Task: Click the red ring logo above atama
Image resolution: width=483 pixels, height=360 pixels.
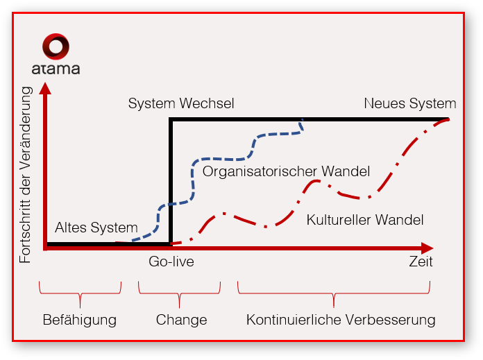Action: tap(56, 47)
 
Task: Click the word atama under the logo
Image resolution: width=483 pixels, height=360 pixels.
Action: tap(56, 69)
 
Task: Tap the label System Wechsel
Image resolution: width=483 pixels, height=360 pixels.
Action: tap(181, 103)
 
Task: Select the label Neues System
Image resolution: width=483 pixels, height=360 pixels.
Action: tap(410, 103)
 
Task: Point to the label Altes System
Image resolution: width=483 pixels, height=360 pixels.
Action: tap(96, 227)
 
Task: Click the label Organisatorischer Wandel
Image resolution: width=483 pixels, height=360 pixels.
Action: tap(286, 171)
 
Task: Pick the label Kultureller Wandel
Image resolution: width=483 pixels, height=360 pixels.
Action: tap(365, 220)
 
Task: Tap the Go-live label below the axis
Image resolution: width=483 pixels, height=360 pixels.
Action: tap(171, 262)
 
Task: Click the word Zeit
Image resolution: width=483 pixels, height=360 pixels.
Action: tap(421, 262)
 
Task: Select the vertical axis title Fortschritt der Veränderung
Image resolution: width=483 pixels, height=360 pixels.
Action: tap(26, 174)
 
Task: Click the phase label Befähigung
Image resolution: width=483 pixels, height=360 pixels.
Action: tap(79, 320)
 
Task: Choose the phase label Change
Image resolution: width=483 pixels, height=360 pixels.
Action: tap(181, 320)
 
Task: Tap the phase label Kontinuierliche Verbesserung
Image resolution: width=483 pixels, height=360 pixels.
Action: tap(341, 320)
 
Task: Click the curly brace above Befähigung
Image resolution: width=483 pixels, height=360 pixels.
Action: tap(80, 294)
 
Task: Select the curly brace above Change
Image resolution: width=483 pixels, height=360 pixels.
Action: tap(179, 294)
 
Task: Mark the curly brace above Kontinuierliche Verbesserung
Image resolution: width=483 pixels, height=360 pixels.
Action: tap(334, 294)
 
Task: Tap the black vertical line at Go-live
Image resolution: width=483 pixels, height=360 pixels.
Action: tap(171, 180)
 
